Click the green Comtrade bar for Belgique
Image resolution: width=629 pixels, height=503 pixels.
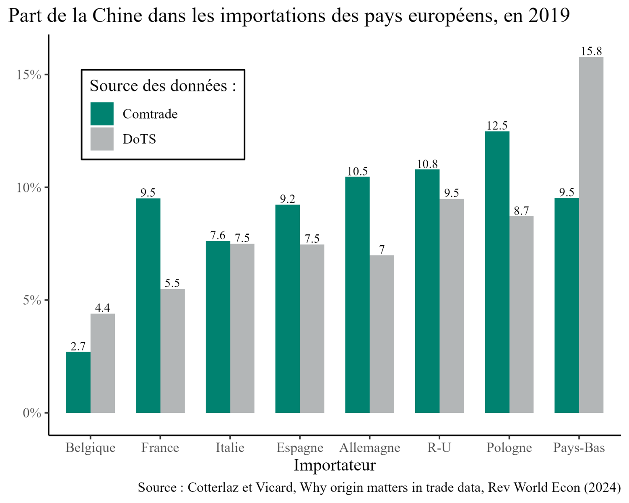coord(78,382)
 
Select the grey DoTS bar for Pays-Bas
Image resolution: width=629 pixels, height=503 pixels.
coord(591,235)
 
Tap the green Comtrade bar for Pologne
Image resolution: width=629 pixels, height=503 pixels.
coord(497,272)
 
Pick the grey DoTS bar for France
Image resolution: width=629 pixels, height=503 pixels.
coord(172,351)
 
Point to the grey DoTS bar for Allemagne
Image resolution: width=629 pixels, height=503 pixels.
coord(382,334)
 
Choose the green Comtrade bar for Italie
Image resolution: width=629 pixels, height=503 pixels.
coord(218,327)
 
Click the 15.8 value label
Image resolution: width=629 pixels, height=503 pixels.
coord(591,51)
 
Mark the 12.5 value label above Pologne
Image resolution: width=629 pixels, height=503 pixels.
coord(497,125)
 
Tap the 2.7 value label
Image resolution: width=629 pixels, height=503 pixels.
coord(78,346)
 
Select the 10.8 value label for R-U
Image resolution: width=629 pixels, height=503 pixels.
coord(427,164)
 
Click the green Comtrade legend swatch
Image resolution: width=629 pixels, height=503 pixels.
coord(102,114)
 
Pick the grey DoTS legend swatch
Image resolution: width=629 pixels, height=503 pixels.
coord(102,139)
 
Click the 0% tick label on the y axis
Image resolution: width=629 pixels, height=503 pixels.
coord(32,413)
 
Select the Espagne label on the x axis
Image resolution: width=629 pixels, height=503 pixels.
coord(300,448)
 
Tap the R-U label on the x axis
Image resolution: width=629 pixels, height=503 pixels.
coord(439,448)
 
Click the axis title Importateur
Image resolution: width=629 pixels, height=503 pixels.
coord(335,465)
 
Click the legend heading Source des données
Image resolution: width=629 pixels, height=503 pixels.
coord(163,86)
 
